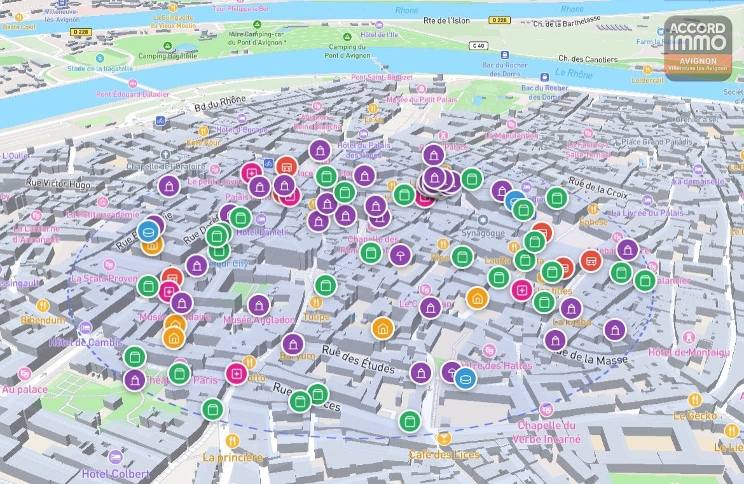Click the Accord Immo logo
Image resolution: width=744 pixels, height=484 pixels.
tap(698, 48)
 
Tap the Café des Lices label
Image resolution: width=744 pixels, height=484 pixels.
tap(444, 455)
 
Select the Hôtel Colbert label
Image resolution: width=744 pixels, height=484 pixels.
tap(116, 474)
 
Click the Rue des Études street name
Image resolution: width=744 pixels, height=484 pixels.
tap(359, 359)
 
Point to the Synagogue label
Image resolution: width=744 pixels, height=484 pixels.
tap(501, 233)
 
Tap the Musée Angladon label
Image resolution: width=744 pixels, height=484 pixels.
tap(259, 320)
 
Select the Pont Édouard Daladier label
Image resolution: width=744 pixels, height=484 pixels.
tap(132, 94)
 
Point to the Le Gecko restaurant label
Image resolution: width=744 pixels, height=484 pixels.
tap(695, 415)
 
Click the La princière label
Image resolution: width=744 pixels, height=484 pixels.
tap(233, 457)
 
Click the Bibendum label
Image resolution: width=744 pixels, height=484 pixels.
tap(43, 320)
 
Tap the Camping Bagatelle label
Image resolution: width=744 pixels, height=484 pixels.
tap(168, 56)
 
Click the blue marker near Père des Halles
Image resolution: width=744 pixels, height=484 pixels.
tap(465, 378)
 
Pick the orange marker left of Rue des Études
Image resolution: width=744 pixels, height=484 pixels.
tap(383, 328)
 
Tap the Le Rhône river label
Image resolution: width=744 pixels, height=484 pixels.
tap(574, 73)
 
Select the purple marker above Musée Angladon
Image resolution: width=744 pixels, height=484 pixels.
tap(259, 305)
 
